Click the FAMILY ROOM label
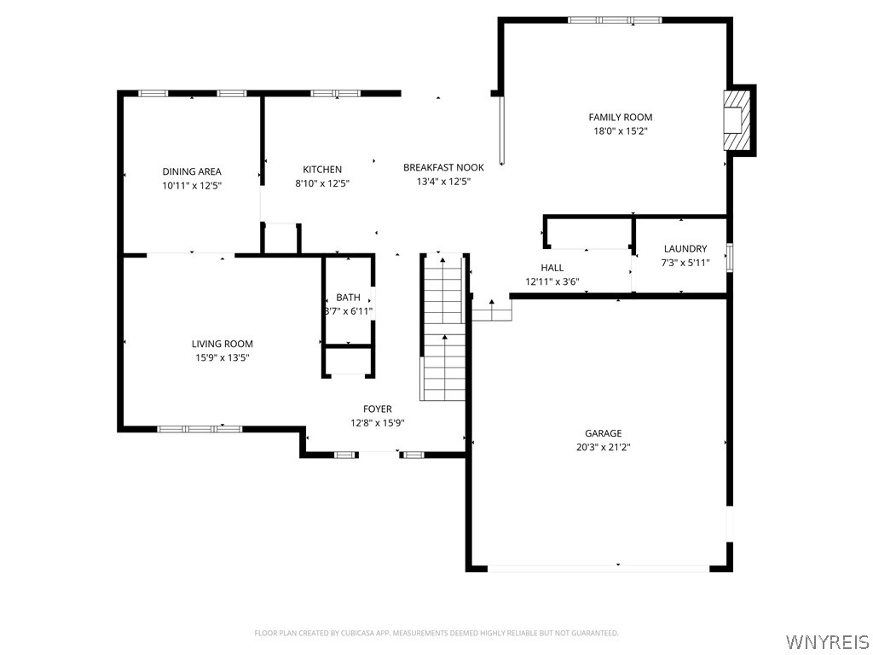click(x=621, y=117)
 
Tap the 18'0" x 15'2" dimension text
click(x=621, y=131)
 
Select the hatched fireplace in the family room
click(x=737, y=120)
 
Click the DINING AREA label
click(x=192, y=171)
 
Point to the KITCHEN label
click(x=322, y=170)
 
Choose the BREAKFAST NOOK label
click(x=443, y=167)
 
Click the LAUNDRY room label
click(x=685, y=248)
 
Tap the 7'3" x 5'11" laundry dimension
click(x=685, y=263)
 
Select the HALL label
click(x=552, y=268)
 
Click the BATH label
click(x=348, y=298)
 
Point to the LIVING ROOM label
click(x=223, y=344)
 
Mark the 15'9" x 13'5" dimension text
click(x=223, y=357)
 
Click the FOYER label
click(x=378, y=409)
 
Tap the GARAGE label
click(x=604, y=432)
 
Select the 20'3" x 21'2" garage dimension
click(x=604, y=447)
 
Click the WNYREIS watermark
click(x=827, y=641)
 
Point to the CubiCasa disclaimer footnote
click(x=436, y=633)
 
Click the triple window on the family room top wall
click(x=616, y=20)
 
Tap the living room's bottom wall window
click(x=199, y=429)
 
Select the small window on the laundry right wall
click(x=730, y=258)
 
